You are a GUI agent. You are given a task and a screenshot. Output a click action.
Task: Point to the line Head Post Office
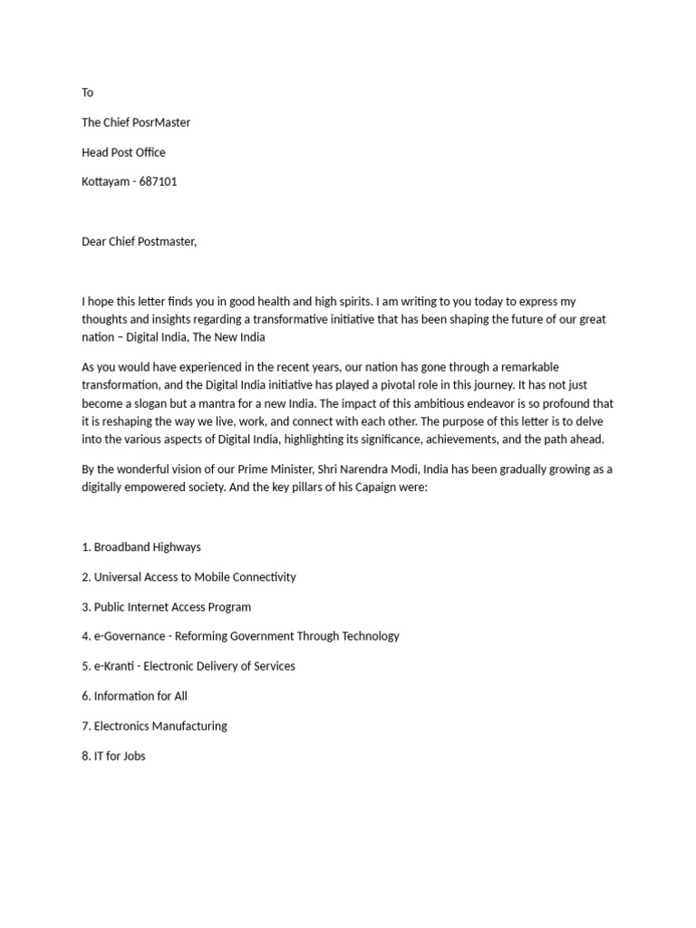(x=123, y=152)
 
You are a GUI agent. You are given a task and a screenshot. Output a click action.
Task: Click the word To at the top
(x=87, y=92)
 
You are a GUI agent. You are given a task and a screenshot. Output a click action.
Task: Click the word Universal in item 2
(x=119, y=577)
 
